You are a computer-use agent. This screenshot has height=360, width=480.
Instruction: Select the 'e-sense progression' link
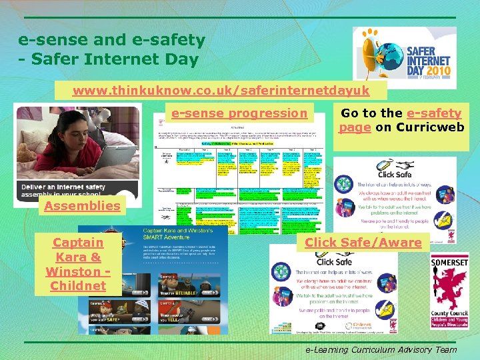(x=239, y=113)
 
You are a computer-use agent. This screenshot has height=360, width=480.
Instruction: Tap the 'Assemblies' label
(x=82, y=206)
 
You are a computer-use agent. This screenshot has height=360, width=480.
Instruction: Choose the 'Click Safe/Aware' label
(x=363, y=243)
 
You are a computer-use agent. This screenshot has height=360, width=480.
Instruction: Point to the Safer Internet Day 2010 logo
(x=404, y=58)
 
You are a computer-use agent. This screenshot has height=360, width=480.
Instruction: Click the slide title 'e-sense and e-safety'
(x=111, y=40)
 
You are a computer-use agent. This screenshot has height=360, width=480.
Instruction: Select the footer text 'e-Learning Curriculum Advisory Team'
(x=381, y=349)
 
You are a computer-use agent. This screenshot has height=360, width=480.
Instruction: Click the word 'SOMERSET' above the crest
(x=449, y=263)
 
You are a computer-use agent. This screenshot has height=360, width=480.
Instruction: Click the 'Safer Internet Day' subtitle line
(x=108, y=59)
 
